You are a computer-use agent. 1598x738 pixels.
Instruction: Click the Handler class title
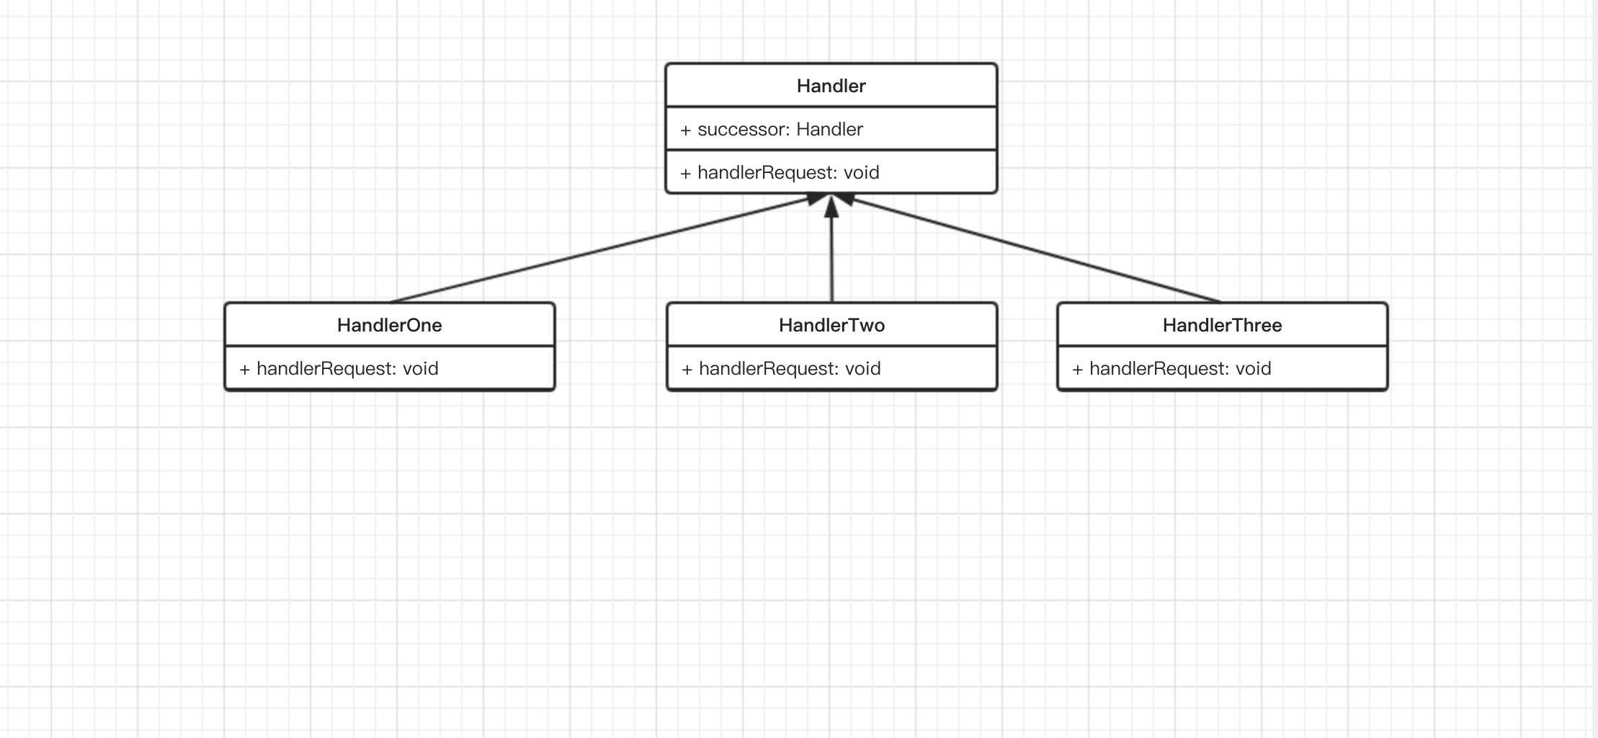pos(831,86)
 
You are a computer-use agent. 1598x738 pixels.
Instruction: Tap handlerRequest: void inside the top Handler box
pos(780,173)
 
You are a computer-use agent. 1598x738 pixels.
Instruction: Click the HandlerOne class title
pos(389,325)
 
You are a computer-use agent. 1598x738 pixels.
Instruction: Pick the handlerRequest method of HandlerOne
pos(339,369)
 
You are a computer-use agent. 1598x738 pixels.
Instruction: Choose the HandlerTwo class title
pos(831,325)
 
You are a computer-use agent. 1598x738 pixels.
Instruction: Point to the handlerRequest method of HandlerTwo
pos(781,369)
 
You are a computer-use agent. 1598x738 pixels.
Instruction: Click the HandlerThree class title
pos(1222,325)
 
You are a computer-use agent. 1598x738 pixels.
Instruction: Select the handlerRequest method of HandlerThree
pos(1171,369)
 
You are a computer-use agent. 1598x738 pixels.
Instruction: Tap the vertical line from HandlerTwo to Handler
pos(831,249)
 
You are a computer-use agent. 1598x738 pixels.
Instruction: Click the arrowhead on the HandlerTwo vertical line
pos(831,206)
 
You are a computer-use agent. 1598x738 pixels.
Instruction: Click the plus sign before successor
pos(685,130)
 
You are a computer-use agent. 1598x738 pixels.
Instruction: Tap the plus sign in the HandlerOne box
pos(244,370)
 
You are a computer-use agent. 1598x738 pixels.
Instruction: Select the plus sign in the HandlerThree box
pos(1077,370)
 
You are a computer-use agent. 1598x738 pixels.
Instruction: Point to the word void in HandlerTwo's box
pos(862,369)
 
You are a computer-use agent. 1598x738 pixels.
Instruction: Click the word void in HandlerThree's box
pos(1253,369)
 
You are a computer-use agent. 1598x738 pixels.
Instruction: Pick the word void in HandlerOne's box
pos(420,369)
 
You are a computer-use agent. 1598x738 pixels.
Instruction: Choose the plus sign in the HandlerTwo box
pos(687,370)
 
